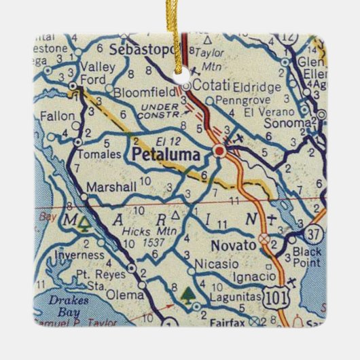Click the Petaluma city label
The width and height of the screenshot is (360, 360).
click(166, 156)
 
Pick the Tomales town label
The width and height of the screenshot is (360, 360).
click(98, 154)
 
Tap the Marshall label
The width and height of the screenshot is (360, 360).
click(107, 187)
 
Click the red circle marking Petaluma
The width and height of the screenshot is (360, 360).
click(219, 151)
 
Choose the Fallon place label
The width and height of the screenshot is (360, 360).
click(58, 116)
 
